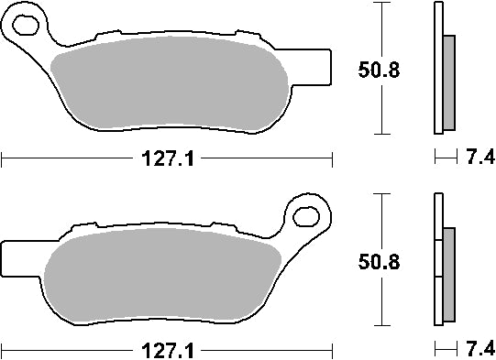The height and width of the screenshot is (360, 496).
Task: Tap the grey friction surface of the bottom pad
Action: pyautogui.click(x=165, y=275)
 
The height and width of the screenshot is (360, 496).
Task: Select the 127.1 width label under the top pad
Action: pyautogui.click(x=165, y=161)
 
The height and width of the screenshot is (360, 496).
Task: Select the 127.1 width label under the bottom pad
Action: pyautogui.click(x=165, y=350)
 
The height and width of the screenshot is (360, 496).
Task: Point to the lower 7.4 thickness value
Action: pyautogui.click(x=479, y=350)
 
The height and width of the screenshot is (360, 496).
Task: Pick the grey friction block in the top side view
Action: pyautogui.click(x=448, y=82)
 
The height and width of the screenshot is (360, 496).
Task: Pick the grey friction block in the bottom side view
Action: pyautogui.click(x=448, y=275)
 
